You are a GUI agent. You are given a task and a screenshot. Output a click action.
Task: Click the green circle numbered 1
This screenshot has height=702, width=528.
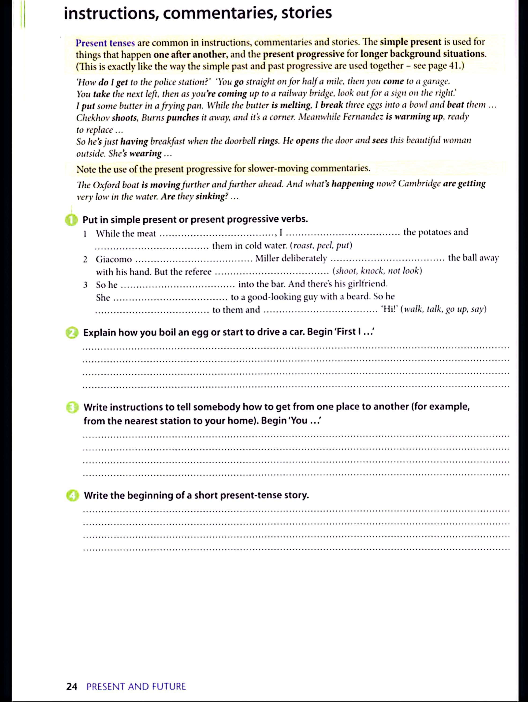(x=71, y=220)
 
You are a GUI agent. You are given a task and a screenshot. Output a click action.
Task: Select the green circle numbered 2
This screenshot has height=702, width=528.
(x=72, y=333)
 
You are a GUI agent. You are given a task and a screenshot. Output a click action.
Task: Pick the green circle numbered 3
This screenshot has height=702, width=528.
(x=72, y=408)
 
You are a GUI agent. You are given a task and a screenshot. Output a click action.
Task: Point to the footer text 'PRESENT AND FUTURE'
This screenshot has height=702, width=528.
(x=136, y=687)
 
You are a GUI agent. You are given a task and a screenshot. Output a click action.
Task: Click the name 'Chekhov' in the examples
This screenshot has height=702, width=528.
(x=93, y=118)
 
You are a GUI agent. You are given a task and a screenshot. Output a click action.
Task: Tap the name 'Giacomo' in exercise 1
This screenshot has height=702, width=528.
(x=114, y=259)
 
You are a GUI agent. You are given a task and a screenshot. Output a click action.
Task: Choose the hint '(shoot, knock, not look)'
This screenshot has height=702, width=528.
(x=377, y=271)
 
